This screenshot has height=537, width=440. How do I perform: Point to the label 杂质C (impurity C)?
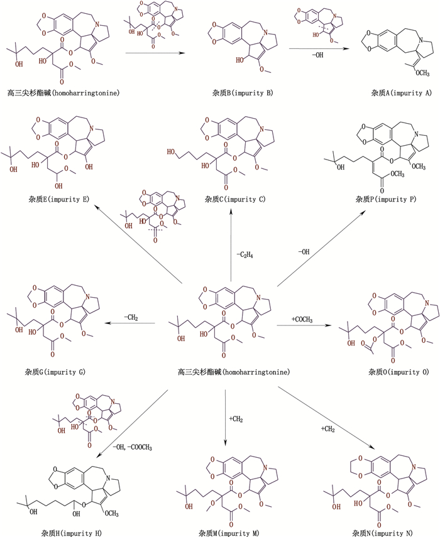tap(235, 199)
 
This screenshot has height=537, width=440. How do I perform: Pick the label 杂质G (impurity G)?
tap(55, 372)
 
